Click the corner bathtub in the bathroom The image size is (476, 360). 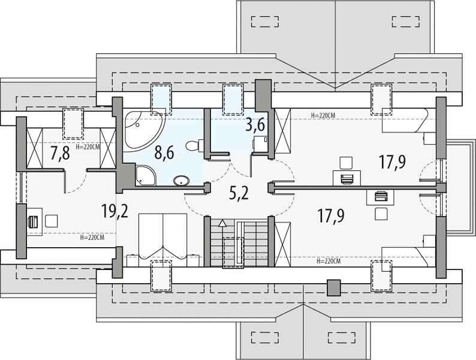click(143, 131)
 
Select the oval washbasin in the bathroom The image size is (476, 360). click(182, 181)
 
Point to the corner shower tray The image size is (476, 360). click(145, 176)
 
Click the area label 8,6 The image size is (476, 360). click(164, 152)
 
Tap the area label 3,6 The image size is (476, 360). click(255, 125)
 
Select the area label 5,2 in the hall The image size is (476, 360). click(239, 193)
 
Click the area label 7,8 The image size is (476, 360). click(60, 153)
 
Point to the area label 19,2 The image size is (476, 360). click(115, 211)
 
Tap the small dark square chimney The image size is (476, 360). click(334, 288)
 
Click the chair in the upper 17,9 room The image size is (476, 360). click(346, 163)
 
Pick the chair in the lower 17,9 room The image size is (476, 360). click(381, 214)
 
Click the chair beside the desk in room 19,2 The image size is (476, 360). click(52, 221)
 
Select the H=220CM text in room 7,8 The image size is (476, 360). click(88, 147)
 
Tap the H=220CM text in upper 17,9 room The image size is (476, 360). click(324, 115)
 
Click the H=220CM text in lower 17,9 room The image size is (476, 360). click(329, 261)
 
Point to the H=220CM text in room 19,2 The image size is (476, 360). click(92, 238)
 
